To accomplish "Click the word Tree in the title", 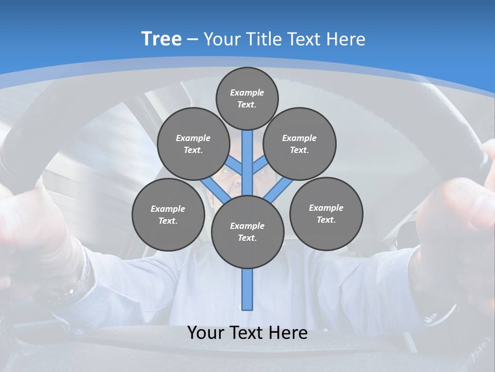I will coord(161,39).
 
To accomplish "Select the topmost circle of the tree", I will coord(247,98).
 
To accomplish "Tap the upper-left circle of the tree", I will coord(193,144).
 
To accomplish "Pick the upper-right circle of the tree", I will coord(300,144).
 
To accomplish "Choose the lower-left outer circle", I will coord(168,214).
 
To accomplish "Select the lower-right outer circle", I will coord(326,213).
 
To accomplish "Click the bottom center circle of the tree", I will coord(247,231).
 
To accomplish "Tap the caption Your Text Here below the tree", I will coord(247,333).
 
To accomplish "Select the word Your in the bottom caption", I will coord(205,333).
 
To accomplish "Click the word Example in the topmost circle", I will coord(247,92).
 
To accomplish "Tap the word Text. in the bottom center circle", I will coord(247,238).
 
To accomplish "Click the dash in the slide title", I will coord(193,39).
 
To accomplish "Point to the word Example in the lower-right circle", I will coord(326,208).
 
